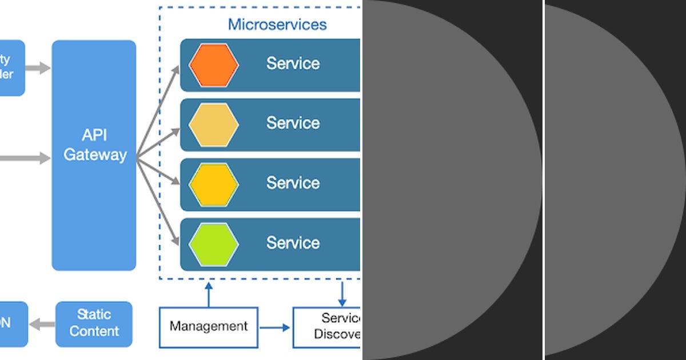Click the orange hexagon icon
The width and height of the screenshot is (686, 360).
click(x=213, y=65)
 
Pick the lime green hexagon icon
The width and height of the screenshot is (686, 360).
click(x=213, y=244)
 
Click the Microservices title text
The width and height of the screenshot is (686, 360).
click(x=277, y=25)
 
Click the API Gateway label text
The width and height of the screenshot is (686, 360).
click(x=94, y=146)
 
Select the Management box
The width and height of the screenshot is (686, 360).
click(x=209, y=327)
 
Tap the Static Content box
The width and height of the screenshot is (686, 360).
click(x=94, y=323)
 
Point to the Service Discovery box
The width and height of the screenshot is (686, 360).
click(x=328, y=327)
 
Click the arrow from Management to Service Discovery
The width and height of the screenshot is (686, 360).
click(x=275, y=327)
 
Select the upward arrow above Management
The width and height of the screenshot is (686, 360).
click(x=209, y=294)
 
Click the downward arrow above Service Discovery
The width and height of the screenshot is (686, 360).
click(x=342, y=294)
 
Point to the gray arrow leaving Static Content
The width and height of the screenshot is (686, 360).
click(x=42, y=324)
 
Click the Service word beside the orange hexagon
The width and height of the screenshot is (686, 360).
click(x=293, y=63)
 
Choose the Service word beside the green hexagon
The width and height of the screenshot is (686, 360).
click(x=293, y=243)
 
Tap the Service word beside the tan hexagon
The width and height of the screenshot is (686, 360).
click(x=293, y=123)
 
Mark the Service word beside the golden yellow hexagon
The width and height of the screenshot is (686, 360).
click(x=293, y=183)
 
